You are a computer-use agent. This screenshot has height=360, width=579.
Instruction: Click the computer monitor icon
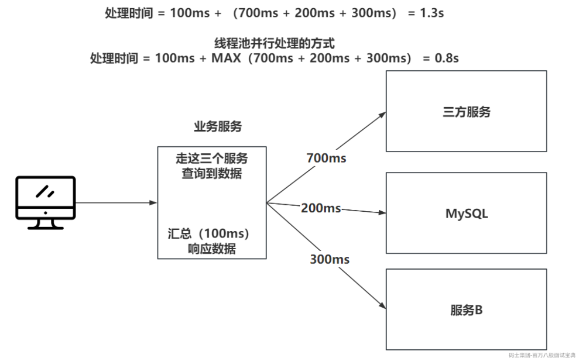click(46, 202)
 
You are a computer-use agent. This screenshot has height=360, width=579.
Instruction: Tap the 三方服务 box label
click(466, 112)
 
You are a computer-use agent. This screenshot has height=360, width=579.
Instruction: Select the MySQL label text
click(466, 213)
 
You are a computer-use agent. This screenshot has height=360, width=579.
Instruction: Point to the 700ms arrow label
click(326, 158)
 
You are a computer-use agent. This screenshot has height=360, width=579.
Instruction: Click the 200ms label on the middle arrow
click(321, 208)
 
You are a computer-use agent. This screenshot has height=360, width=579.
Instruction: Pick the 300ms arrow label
click(329, 259)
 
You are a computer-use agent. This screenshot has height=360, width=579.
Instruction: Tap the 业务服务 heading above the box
click(217, 127)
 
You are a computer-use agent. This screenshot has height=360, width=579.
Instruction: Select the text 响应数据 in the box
click(212, 249)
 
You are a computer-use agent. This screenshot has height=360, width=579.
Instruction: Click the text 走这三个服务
click(212, 158)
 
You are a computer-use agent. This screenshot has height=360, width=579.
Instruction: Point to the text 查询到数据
click(212, 173)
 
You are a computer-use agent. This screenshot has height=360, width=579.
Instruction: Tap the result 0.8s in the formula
click(446, 58)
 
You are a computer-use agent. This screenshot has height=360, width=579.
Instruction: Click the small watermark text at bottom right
click(542, 355)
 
